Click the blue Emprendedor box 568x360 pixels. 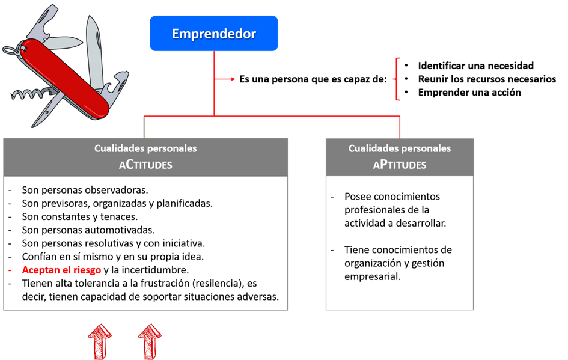213,34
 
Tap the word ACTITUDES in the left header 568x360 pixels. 145,164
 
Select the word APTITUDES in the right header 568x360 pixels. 399,164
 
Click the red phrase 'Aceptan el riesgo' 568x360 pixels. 61,270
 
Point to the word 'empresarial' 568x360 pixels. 372,276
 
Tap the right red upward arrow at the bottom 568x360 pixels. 150,341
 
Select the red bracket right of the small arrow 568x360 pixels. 397,79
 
